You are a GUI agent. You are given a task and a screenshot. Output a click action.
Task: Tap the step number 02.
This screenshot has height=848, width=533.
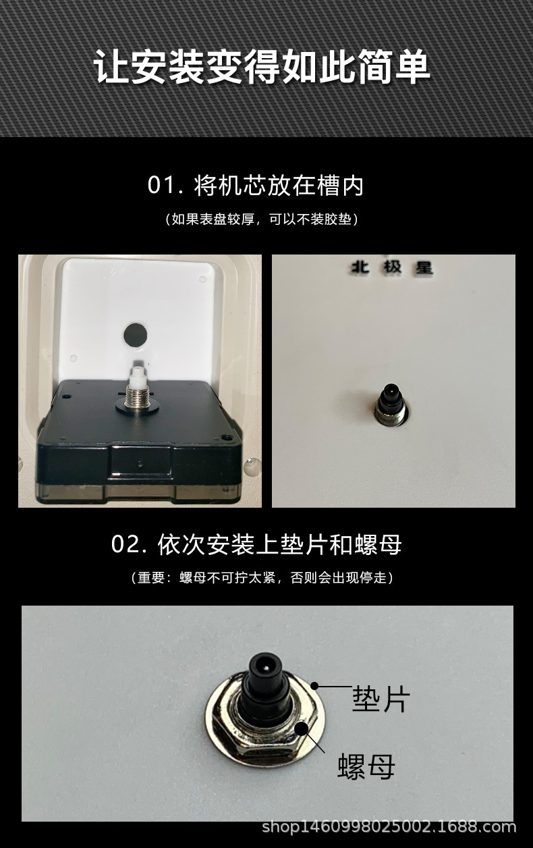tap(129, 544)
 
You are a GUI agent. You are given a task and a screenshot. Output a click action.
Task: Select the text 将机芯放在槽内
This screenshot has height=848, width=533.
tap(279, 186)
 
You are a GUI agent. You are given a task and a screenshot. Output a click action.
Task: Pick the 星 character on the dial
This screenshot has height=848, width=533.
tap(423, 268)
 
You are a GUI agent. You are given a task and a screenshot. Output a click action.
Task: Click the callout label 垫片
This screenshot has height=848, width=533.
tap(381, 699)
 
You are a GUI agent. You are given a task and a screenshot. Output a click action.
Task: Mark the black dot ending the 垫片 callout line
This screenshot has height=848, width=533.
tap(314, 686)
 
